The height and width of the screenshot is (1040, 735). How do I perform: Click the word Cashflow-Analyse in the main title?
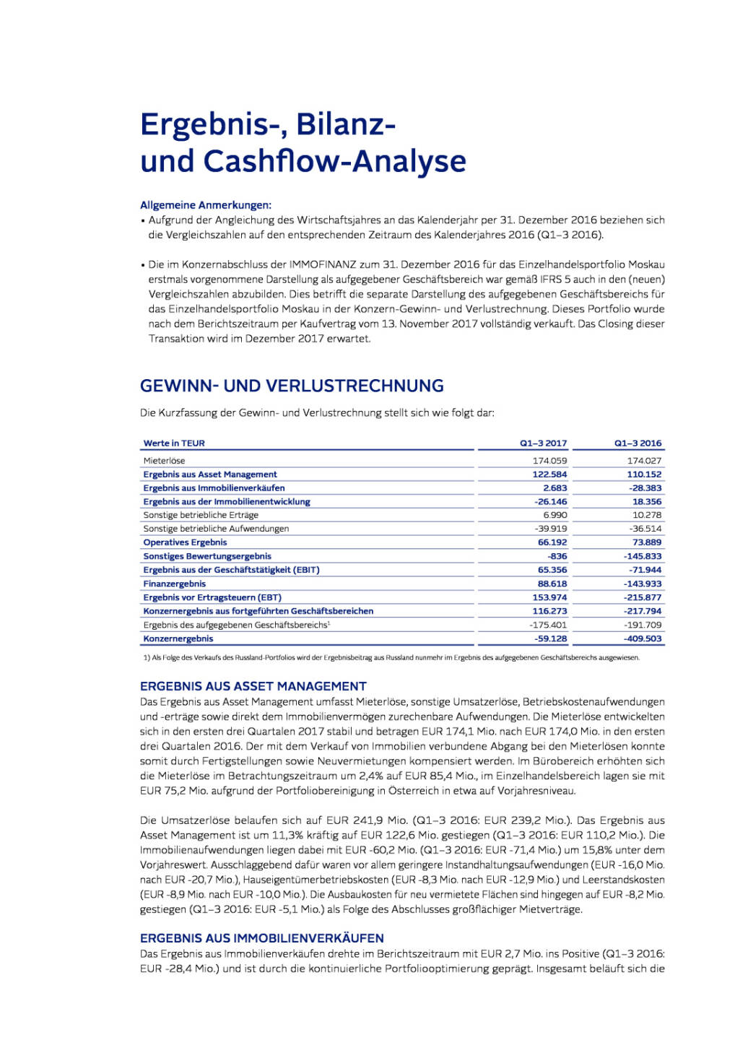coord(334,161)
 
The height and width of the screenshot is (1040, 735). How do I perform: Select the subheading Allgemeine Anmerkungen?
coord(206,205)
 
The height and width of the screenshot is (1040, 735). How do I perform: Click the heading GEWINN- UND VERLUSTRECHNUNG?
coord(292,386)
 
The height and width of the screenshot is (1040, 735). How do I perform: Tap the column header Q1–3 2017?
coord(543,443)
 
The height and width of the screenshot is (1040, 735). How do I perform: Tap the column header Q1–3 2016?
coord(638,443)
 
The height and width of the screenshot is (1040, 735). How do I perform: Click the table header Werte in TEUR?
coord(174,443)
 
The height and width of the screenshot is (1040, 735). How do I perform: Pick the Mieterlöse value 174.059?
coord(549,461)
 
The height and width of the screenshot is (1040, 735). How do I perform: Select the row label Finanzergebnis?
coord(175,584)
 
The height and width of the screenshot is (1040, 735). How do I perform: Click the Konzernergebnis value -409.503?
coord(643,638)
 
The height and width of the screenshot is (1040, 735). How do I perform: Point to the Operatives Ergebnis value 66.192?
coord(552,542)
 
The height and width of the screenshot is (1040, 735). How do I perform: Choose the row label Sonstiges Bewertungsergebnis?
coord(207,556)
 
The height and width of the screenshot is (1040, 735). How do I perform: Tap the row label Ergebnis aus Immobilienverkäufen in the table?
coord(214,488)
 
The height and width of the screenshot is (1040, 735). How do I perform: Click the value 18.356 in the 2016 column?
coord(647,502)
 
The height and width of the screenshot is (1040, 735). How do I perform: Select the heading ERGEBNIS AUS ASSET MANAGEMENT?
coord(253,686)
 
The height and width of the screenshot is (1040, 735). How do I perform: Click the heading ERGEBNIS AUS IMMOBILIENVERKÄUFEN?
coord(262,938)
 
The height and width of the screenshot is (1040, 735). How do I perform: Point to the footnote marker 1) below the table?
coord(147,658)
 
